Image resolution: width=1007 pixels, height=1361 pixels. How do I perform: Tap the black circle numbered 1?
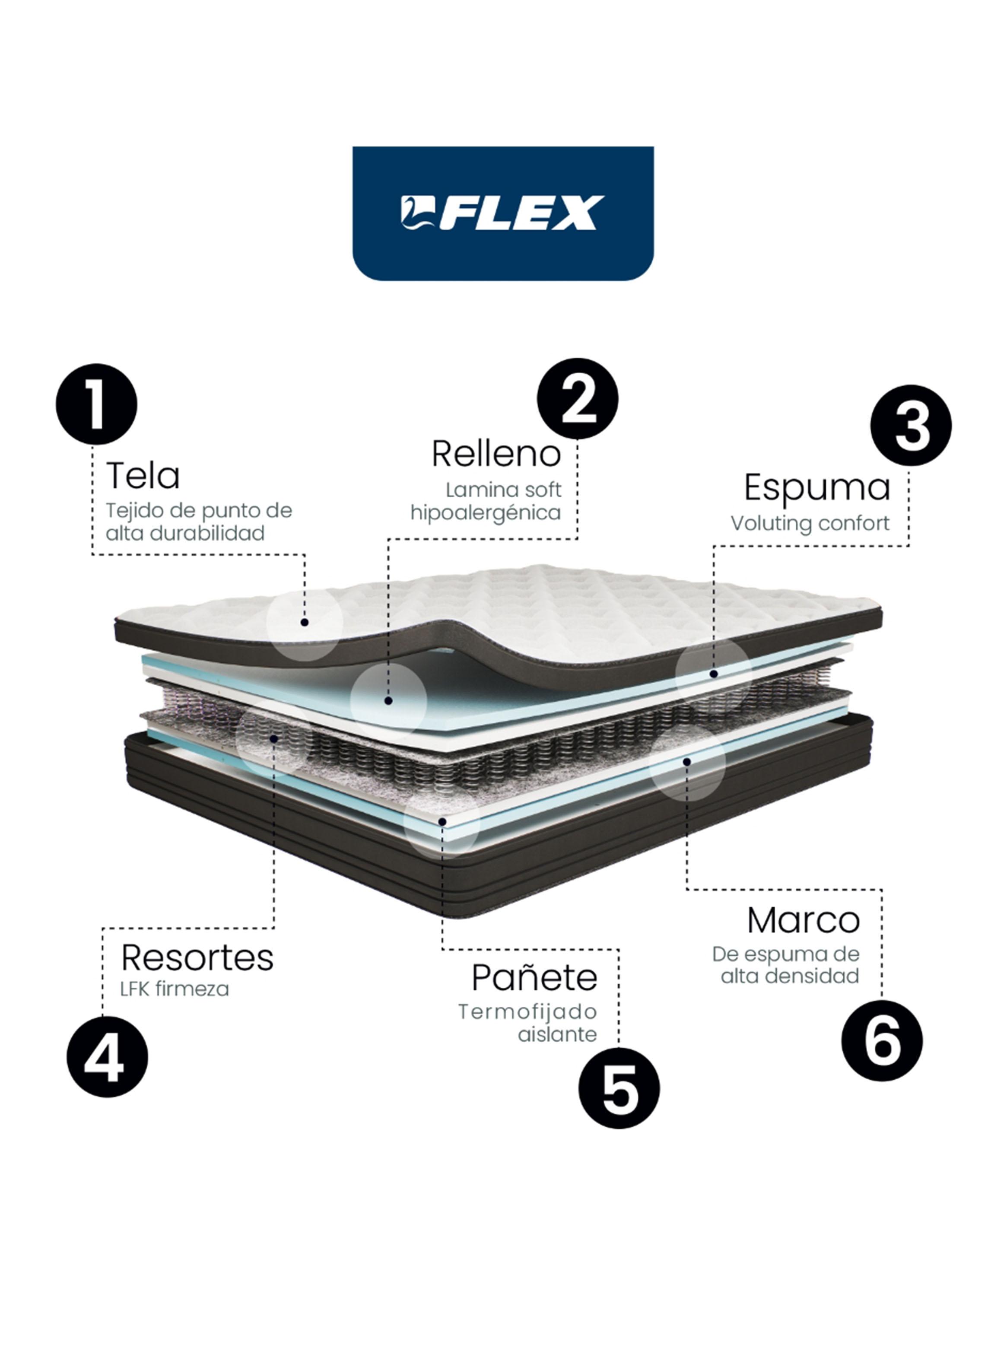point(96,405)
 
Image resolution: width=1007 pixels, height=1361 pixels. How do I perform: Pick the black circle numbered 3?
point(911,426)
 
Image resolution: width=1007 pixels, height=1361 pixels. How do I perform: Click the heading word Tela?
point(143,476)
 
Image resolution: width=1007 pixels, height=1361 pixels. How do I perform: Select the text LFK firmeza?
point(175,989)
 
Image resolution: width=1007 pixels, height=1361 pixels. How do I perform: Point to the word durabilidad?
point(207,533)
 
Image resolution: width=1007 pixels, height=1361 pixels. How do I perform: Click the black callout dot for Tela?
point(304,622)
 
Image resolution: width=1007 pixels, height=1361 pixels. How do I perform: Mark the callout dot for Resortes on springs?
point(274,739)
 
